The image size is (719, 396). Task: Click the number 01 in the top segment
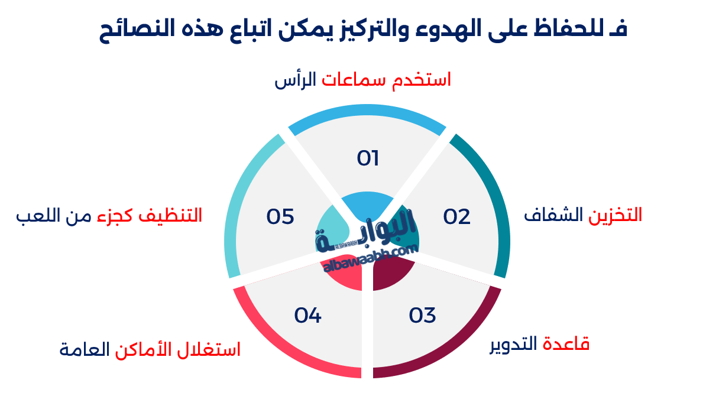(x=368, y=158)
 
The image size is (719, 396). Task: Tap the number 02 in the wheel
(x=456, y=217)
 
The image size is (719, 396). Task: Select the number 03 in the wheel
(x=422, y=315)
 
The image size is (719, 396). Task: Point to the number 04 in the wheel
(x=307, y=315)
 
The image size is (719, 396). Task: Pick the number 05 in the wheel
(x=280, y=217)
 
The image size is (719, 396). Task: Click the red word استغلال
(x=211, y=349)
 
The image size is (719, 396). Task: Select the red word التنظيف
(x=171, y=216)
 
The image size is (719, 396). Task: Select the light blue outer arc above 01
(x=367, y=111)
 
